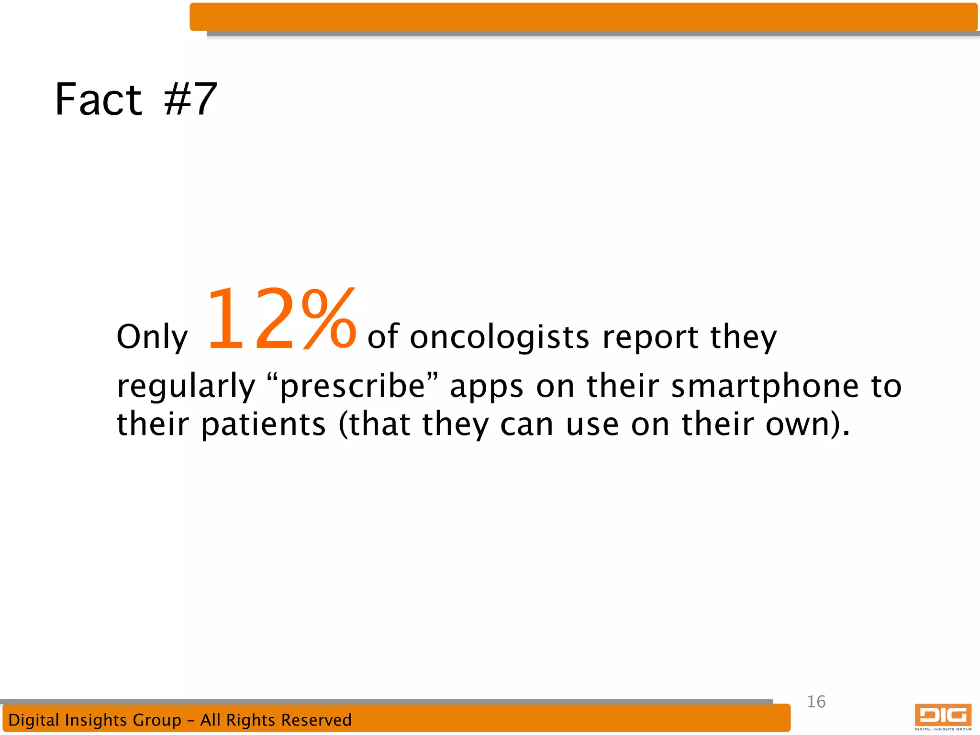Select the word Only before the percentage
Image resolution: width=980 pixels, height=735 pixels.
click(x=152, y=338)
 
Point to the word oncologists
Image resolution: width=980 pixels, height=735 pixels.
click(x=500, y=337)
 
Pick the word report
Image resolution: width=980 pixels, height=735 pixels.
click(x=650, y=337)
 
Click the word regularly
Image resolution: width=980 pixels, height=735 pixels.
click(x=186, y=387)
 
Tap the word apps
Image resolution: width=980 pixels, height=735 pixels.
click(x=487, y=387)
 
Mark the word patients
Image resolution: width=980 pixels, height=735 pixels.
click(x=263, y=425)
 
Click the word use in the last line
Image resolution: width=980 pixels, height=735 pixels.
click(x=592, y=425)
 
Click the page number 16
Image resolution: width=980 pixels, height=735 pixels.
click(x=816, y=702)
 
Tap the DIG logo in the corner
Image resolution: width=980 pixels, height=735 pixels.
click(x=943, y=716)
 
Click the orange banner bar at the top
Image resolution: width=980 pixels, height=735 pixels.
click(x=583, y=17)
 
